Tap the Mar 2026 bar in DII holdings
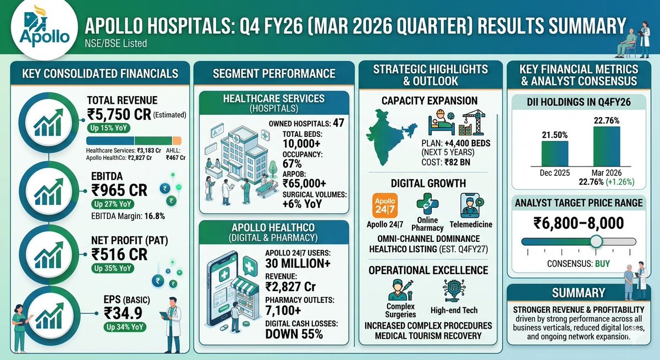click(x=607, y=146)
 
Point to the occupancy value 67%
click(x=293, y=164)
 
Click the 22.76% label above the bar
click(x=607, y=120)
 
